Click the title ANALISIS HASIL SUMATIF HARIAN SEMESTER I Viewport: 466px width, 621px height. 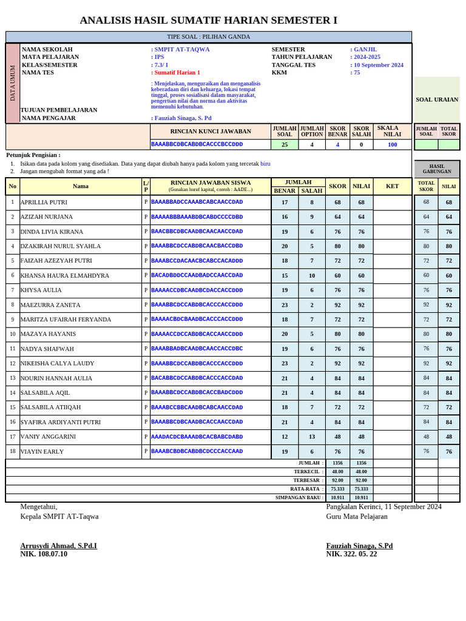pos(208,20)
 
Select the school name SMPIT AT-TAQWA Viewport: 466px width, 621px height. pos(181,49)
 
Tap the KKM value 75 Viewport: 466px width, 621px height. pos(356,72)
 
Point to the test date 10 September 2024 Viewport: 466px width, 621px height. pos(378,65)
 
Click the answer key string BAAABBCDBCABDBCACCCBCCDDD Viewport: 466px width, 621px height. pos(197,144)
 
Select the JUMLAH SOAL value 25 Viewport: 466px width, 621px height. pos(285,144)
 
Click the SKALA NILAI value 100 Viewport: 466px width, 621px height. pos(392,144)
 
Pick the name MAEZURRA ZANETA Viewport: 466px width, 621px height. pos(50,305)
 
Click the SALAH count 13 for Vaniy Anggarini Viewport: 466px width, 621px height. pos(312,437)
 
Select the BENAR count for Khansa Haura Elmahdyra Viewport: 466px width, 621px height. pos(285,275)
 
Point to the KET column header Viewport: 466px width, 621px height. pos(392,186)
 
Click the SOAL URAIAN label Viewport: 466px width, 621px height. pos(437,99)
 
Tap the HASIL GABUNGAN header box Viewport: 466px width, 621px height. pos(437,169)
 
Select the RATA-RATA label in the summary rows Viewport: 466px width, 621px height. pos(307,489)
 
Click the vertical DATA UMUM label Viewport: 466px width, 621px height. pos(13,83)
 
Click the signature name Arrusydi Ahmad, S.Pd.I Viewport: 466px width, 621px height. pos(58,546)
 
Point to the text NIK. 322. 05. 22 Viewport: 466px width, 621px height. pos(351,554)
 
